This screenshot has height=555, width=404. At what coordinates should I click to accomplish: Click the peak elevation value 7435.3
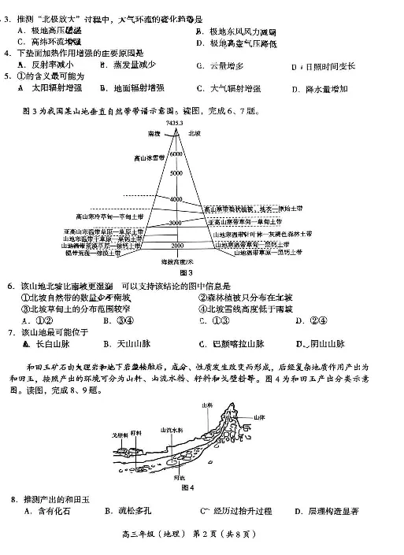(175, 124)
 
